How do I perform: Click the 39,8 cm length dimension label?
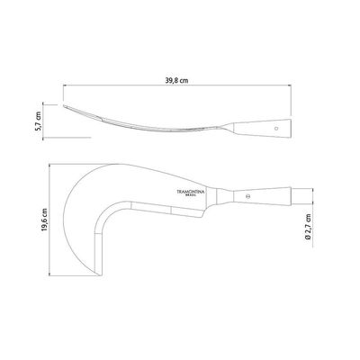coord(177,80)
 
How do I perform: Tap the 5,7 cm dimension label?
coord(38,121)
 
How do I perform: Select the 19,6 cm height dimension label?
coord(44,220)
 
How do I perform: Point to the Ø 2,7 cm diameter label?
coord(308,227)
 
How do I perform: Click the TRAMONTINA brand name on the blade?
coord(191,192)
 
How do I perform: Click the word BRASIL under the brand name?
coord(191,195)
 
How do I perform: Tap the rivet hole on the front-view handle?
coord(247,197)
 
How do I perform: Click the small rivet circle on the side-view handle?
coord(276,128)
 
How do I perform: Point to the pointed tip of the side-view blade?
coord(63,105)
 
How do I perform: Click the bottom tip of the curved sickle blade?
coord(99,275)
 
